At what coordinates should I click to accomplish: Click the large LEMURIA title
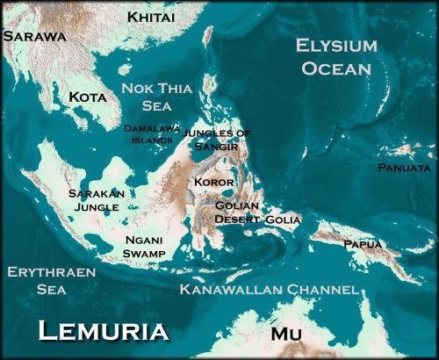click(104, 331)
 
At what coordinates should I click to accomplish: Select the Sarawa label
click(35, 37)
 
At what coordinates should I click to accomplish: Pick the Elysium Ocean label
click(336, 55)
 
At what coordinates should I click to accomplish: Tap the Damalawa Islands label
click(152, 133)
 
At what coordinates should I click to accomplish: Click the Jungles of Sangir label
click(219, 140)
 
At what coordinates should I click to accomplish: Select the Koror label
click(215, 182)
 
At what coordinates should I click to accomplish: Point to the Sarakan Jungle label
click(97, 199)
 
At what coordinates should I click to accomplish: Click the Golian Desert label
click(238, 212)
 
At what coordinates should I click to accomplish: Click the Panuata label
click(404, 167)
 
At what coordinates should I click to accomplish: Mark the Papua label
click(362, 243)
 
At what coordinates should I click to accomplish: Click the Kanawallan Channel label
click(268, 289)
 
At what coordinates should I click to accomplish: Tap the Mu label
click(286, 334)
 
